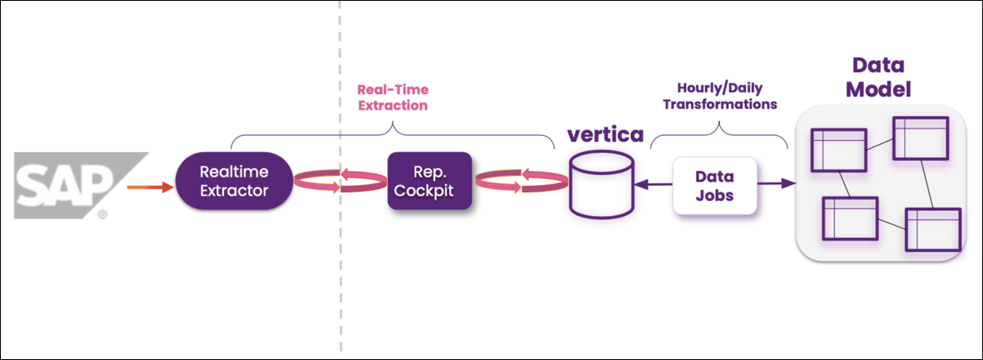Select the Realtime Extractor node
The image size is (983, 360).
pyautogui.click(x=235, y=182)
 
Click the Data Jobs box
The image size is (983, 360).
pyautogui.click(x=714, y=187)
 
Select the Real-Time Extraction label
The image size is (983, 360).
pyautogui.click(x=393, y=97)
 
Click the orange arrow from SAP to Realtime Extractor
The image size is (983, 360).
pyautogui.click(x=150, y=187)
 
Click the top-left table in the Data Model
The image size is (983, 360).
pyautogui.click(x=837, y=150)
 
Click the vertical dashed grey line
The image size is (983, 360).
pyautogui.click(x=340, y=270)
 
